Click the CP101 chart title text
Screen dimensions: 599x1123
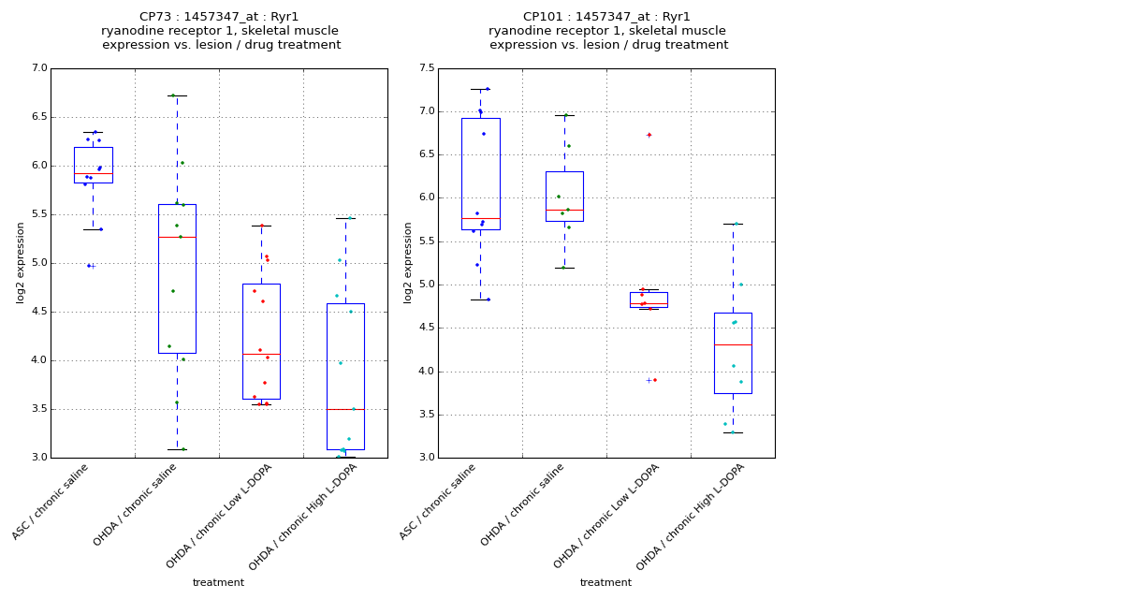click(607, 31)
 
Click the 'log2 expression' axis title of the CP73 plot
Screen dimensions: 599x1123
click(21, 262)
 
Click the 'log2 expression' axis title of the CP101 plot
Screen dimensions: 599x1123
click(408, 262)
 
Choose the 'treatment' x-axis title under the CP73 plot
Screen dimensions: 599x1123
click(218, 583)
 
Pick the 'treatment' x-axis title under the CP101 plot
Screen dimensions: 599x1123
click(605, 583)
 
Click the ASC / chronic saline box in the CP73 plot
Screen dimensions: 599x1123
click(93, 165)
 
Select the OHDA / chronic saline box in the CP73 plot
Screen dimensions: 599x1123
click(177, 278)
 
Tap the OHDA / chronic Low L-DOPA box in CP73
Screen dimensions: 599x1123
click(261, 341)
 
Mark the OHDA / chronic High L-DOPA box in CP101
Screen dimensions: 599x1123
click(733, 353)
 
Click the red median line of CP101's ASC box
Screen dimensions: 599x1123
click(480, 218)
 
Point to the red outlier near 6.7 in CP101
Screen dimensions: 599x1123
click(649, 135)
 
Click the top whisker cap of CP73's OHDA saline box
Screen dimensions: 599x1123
click(177, 95)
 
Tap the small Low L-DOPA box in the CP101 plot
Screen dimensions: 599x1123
click(649, 299)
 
